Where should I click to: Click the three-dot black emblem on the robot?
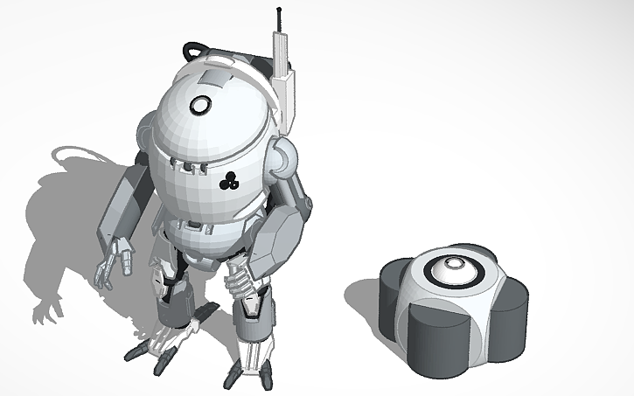coord(229,182)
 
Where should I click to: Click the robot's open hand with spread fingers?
coord(114,261)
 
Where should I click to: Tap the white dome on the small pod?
coord(455,270)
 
